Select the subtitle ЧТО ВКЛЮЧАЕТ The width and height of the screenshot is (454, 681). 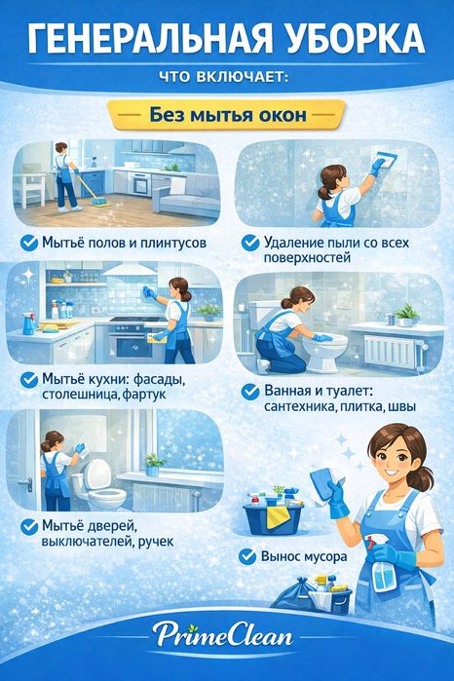point(226,77)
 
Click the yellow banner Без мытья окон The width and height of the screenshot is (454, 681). point(227,115)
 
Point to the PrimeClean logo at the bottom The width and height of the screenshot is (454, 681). point(227,638)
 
